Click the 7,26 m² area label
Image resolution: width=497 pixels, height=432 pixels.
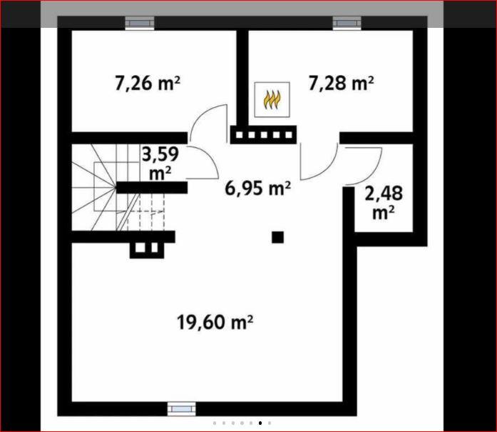(148, 84)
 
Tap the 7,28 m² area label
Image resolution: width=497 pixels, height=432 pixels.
(341, 84)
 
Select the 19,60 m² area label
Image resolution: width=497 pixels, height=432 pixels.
(215, 322)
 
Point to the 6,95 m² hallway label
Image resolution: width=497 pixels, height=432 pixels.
(257, 189)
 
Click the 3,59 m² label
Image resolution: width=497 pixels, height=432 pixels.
(160, 163)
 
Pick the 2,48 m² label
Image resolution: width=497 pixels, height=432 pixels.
(384, 203)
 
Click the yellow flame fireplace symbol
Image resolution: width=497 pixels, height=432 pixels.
(272, 100)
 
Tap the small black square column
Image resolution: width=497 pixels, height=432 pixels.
(277, 237)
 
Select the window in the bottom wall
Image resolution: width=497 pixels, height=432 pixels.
(182, 409)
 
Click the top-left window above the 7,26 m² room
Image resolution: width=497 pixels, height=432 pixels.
(140, 23)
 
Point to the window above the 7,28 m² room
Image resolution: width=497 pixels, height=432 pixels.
(347, 23)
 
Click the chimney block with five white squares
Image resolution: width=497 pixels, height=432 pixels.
(263, 135)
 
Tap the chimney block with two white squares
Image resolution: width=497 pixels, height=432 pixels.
(147, 249)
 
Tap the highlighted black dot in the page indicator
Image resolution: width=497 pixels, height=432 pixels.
(260, 423)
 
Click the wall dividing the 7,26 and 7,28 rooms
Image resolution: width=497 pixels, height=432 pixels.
(242, 78)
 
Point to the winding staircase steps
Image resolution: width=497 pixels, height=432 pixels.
(118, 187)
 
